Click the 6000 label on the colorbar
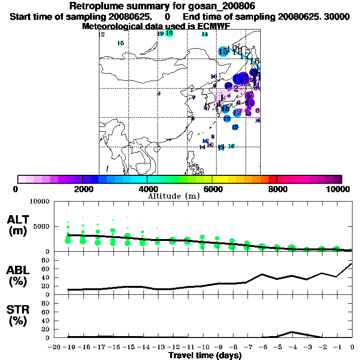coord(212,189)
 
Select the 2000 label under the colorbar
coord(82,189)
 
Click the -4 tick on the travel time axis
coord(292,348)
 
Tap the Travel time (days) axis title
coord(205,356)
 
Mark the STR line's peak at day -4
coord(292,332)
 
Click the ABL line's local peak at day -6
coord(262,274)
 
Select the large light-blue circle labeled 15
coord(223,52)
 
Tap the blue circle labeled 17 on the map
coord(238,112)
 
